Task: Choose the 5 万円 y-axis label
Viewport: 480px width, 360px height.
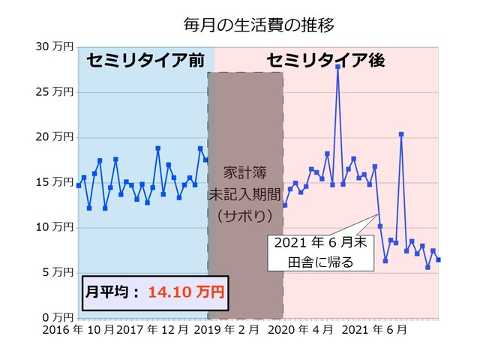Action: pyautogui.click(x=58, y=272)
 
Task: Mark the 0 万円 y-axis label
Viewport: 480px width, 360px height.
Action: pyautogui.click(x=58, y=317)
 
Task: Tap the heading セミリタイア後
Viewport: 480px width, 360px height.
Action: pyautogui.click(x=326, y=61)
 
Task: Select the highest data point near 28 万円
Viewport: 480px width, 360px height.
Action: pyautogui.click(x=338, y=67)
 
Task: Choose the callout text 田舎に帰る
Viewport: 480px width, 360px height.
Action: pyautogui.click(x=320, y=262)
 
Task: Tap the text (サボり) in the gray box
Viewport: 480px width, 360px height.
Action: pyautogui.click(x=245, y=215)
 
